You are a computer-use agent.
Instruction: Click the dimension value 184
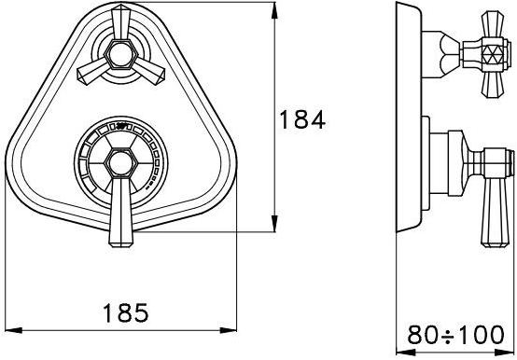[x=302, y=119]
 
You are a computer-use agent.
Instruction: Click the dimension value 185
[x=126, y=312]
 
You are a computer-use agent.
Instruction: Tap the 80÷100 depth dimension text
[x=455, y=335]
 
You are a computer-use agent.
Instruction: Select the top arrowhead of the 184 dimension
[x=274, y=10]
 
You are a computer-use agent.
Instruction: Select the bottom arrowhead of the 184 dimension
[x=274, y=224]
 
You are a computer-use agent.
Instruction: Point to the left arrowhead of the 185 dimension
[x=13, y=330]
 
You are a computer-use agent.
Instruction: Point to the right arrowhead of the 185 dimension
[x=228, y=330]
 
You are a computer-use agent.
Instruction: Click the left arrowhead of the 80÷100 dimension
[x=405, y=353]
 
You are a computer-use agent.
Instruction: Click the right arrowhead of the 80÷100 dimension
[x=505, y=353]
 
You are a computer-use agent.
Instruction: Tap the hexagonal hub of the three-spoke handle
[x=120, y=54]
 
